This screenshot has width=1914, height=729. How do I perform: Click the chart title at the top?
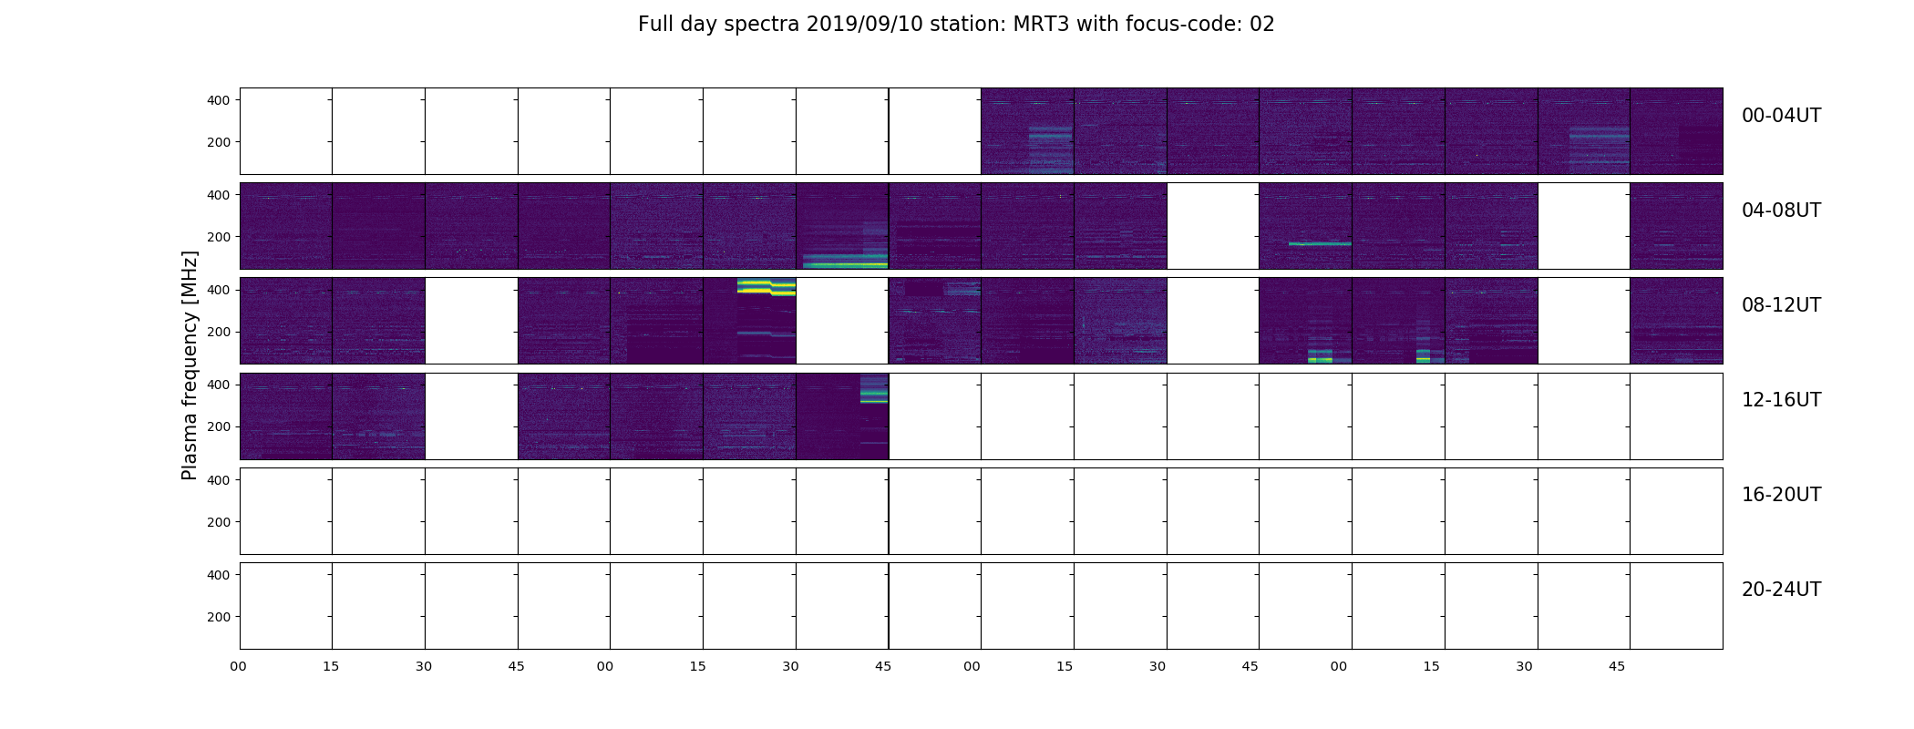pyautogui.click(x=956, y=25)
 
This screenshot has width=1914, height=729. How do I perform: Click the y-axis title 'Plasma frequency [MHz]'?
pyautogui.click(x=190, y=365)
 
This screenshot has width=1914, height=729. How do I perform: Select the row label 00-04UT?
pyautogui.click(x=1781, y=116)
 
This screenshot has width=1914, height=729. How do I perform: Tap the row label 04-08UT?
pyautogui.click(x=1781, y=210)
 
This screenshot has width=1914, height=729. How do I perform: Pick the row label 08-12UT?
pyautogui.click(x=1781, y=305)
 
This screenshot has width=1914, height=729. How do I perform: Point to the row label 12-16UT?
pyautogui.click(x=1781, y=400)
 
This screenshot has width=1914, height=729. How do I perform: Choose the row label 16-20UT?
pyautogui.click(x=1781, y=495)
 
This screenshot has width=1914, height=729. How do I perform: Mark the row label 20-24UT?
pyautogui.click(x=1781, y=590)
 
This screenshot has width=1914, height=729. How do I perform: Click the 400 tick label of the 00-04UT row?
pyautogui.click(x=219, y=100)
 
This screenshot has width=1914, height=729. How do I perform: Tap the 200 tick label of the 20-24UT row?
pyautogui.click(x=219, y=617)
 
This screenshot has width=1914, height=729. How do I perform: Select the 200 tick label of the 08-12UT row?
pyautogui.click(x=219, y=333)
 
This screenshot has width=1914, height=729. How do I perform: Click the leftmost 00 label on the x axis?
pyautogui.click(x=239, y=666)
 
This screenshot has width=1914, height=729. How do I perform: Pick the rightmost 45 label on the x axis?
pyautogui.click(x=1617, y=666)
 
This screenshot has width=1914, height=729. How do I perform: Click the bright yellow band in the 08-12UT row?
pyautogui.click(x=767, y=287)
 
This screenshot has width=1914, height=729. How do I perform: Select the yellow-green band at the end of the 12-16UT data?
pyautogui.click(x=874, y=395)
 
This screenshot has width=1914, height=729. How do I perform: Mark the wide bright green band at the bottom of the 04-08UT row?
pyautogui.click(x=845, y=264)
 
